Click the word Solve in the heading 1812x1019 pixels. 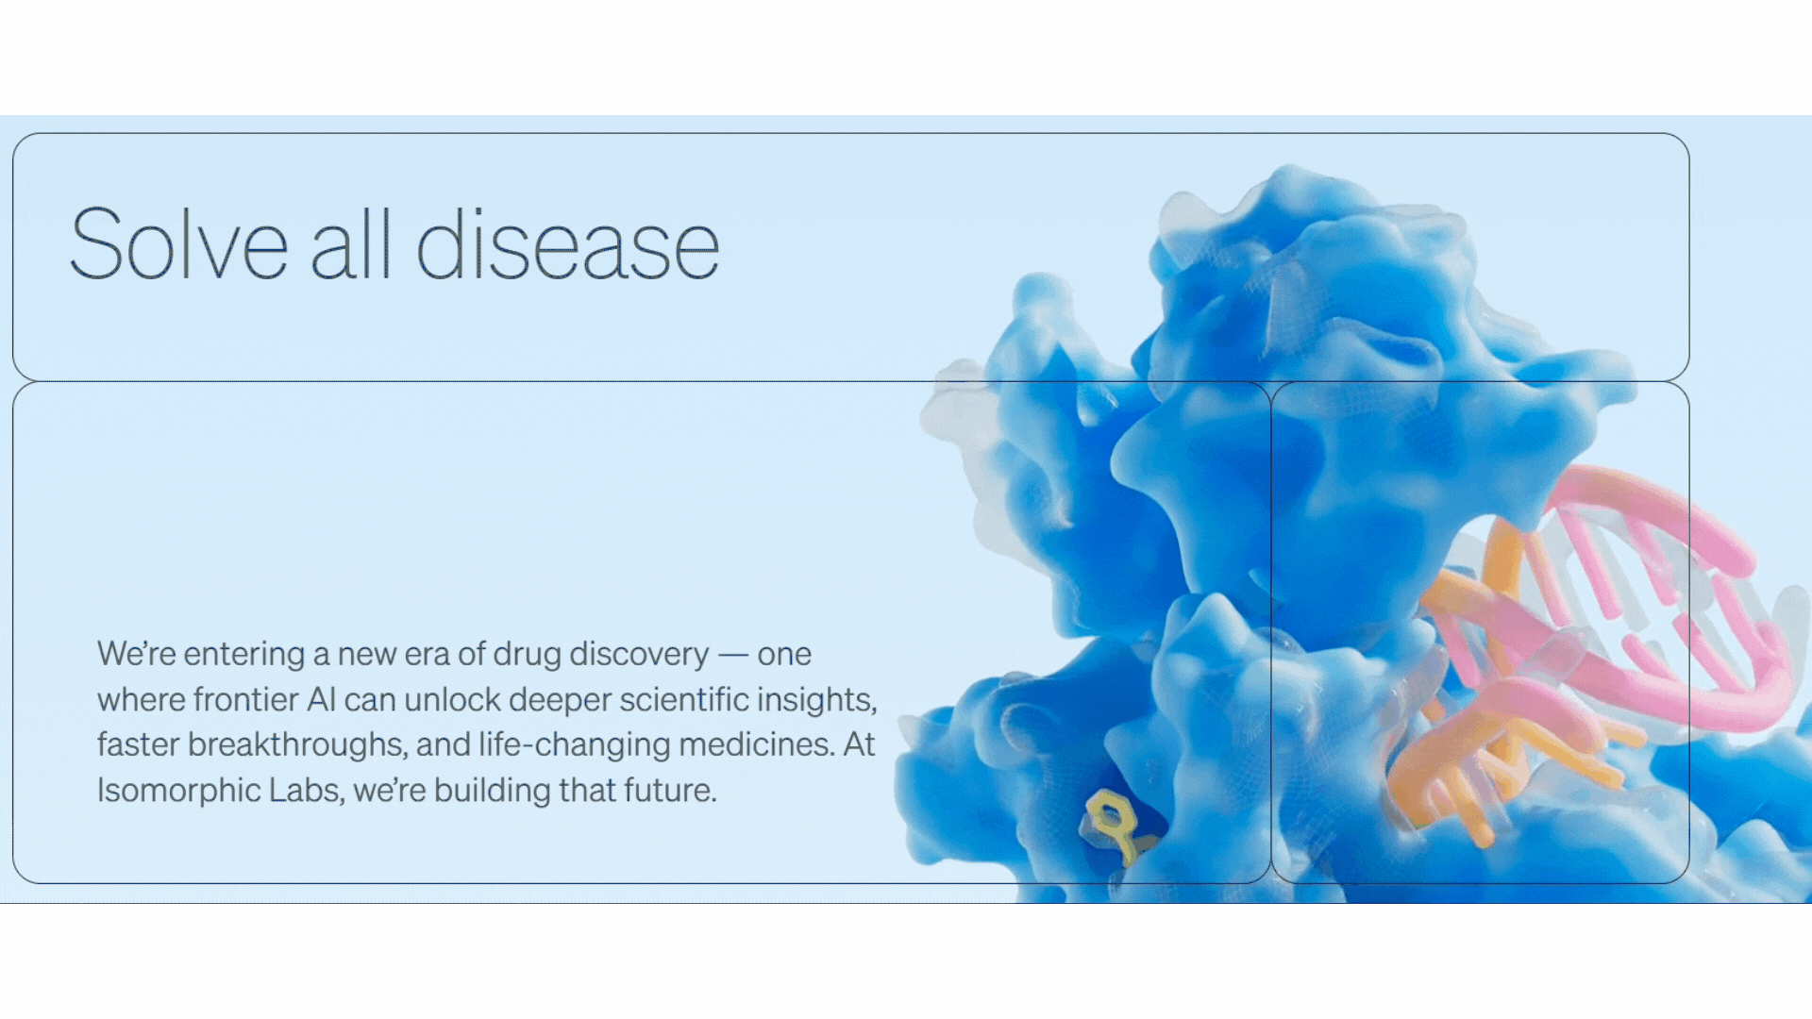coord(178,244)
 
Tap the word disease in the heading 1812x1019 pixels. coord(568,244)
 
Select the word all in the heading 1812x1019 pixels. coord(350,244)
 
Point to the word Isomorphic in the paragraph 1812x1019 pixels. coord(178,791)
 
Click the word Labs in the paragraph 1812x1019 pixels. coord(305,790)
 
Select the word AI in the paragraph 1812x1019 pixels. coord(321,700)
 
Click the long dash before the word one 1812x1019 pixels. coord(733,655)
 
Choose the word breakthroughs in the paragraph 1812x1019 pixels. coord(297,744)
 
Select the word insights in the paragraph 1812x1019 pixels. coord(819,700)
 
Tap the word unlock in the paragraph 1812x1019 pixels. coord(452,699)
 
